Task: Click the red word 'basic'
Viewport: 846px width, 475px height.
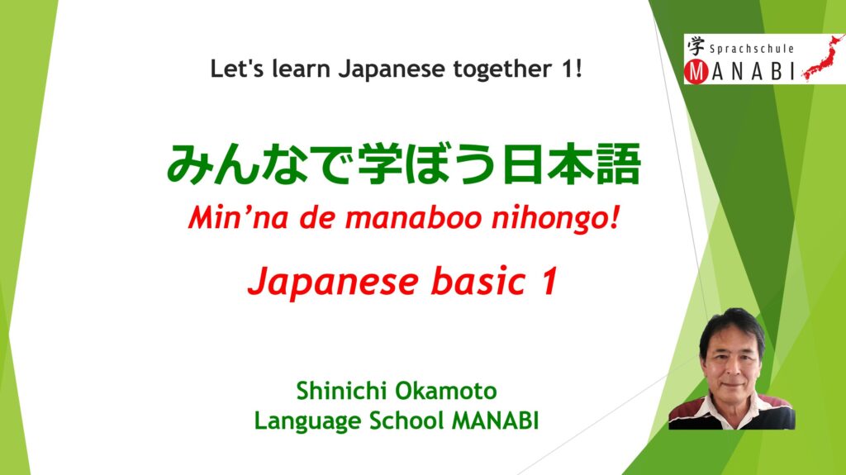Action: click(478, 281)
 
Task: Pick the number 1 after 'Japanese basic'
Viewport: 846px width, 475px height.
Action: click(549, 281)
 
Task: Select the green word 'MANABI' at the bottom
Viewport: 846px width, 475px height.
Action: click(495, 421)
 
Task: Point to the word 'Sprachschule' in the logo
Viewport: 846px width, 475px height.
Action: click(752, 49)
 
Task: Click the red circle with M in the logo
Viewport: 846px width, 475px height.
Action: click(697, 72)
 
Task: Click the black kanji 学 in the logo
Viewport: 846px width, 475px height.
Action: click(696, 46)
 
